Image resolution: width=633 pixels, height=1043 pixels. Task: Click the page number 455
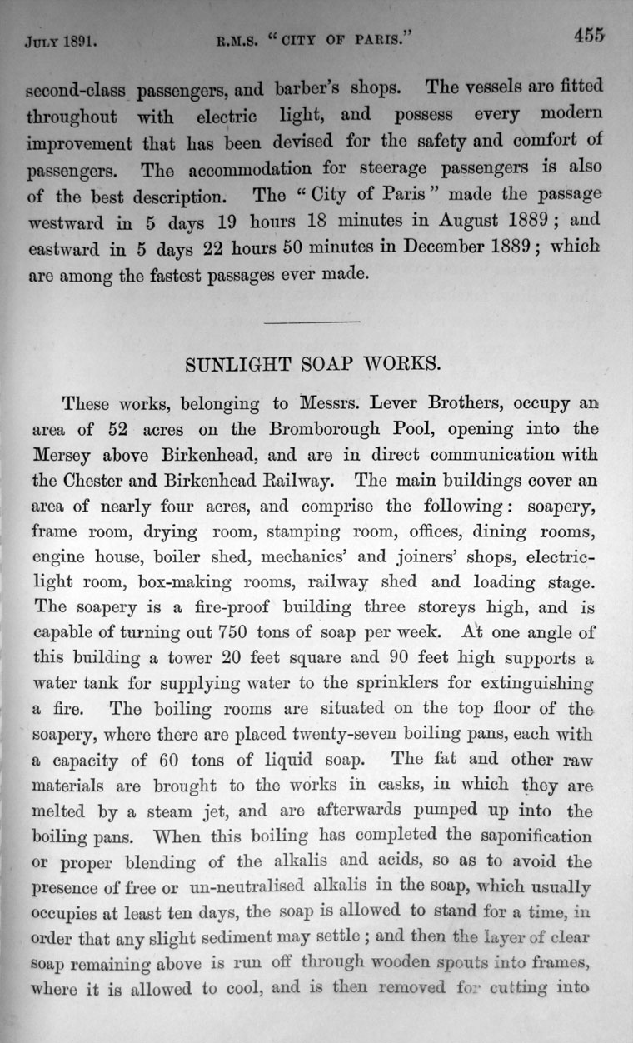pyautogui.click(x=588, y=35)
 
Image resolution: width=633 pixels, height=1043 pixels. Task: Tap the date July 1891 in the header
pyautogui.click(x=59, y=39)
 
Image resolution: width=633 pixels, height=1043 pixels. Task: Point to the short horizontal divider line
pyautogui.click(x=311, y=322)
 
